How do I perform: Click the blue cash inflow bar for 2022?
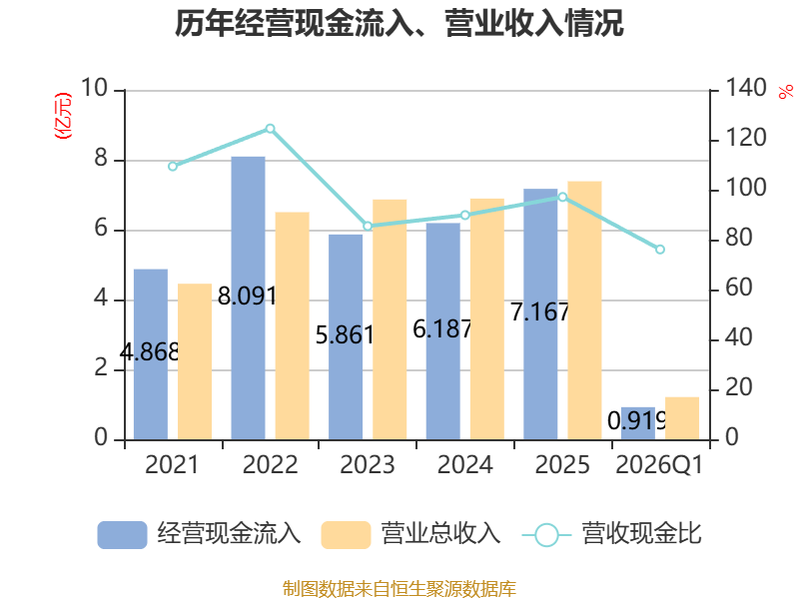(x=248, y=298)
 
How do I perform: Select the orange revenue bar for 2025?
(x=584, y=310)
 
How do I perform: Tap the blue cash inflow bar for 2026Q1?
(x=638, y=423)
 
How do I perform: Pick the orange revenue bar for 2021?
(x=195, y=361)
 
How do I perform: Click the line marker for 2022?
(x=270, y=129)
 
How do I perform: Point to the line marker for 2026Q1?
(x=660, y=249)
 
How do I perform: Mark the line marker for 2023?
(x=368, y=226)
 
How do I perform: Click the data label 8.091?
(x=247, y=296)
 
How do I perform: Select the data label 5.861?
(x=345, y=335)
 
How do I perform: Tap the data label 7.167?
(x=539, y=311)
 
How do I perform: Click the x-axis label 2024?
(x=464, y=464)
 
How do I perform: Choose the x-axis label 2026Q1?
(x=659, y=464)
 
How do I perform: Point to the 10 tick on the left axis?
(x=94, y=88)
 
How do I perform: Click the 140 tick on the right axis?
(x=745, y=88)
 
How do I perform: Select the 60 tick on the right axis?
(x=739, y=288)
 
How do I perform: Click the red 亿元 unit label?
(x=63, y=116)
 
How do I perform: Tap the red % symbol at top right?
(x=786, y=92)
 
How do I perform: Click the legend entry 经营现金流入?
(x=199, y=534)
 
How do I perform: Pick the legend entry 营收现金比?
(x=612, y=534)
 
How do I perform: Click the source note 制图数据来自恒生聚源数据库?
(x=399, y=589)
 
